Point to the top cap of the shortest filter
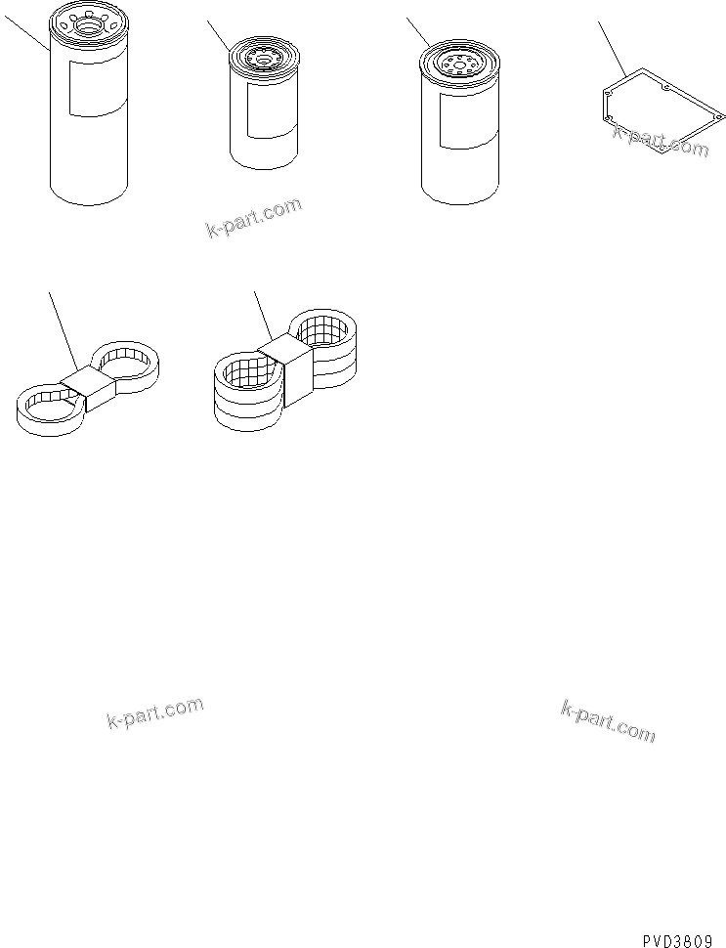coord(265,60)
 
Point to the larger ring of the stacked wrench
coord(247,387)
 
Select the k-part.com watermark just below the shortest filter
coord(253,218)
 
